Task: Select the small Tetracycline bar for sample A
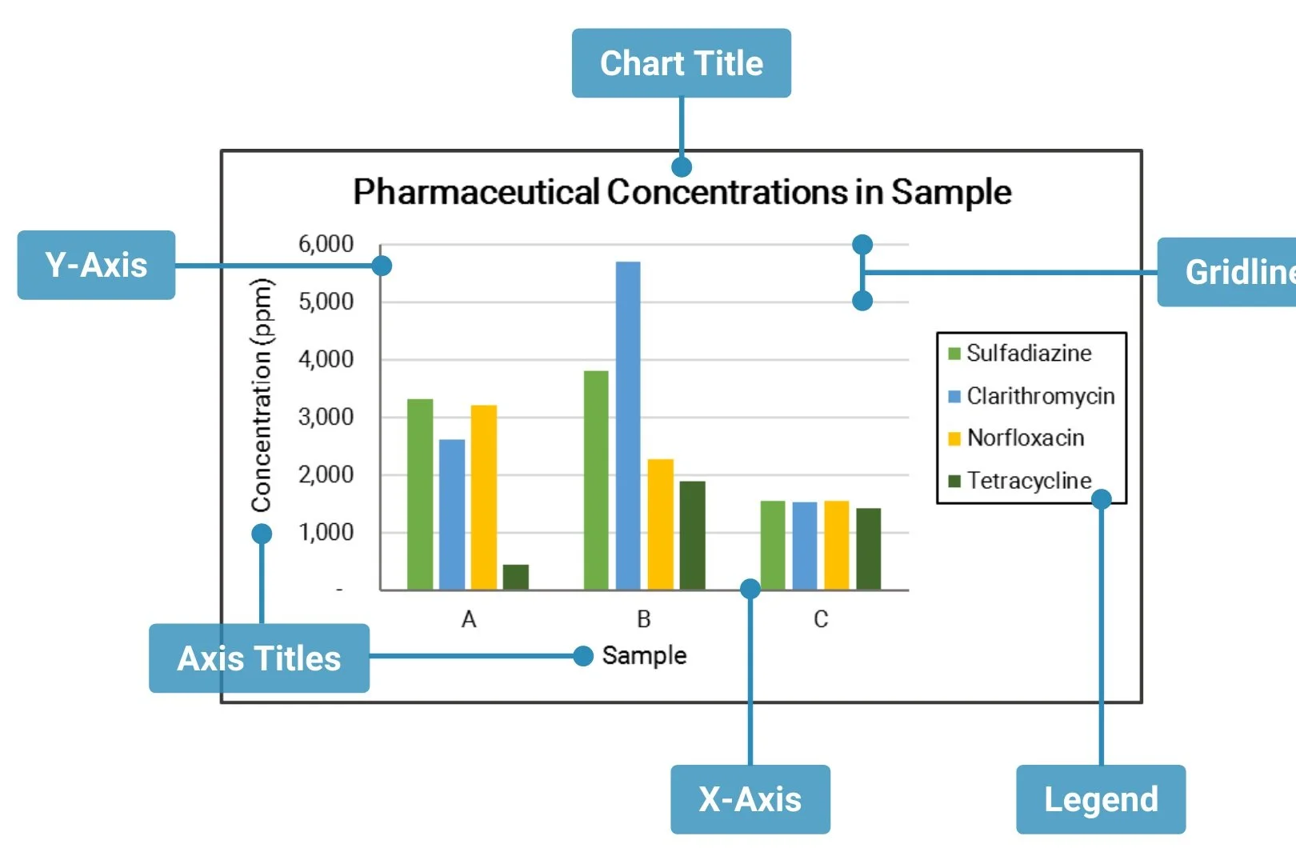pyautogui.click(x=516, y=577)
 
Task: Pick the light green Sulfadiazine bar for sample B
pyautogui.click(x=596, y=480)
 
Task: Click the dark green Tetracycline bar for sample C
pyautogui.click(x=869, y=549)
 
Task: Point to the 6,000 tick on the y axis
pyautogui.click(x=326, y=244)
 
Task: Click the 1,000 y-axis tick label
pyautogui.click(x=326, y=532)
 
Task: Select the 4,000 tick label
pyautogui.click(x=326, y=359)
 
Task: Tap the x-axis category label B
pyautogui.click(x=644, y=619)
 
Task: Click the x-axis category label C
pyautogui.click(x=821, y=619)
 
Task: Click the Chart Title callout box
pyautogui.click(x=682, y=63)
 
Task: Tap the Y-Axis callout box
pyautogui.click(x=96, y=265)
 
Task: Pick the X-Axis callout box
pyautogui.click(x=750, y=799)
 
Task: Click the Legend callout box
pyautogui.click(x=1101, y=799)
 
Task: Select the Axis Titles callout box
pyautogui.click(x=259, y=658)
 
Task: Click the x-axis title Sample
pyautogui.click(x=644, y=656)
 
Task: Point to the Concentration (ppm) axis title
pyautogui.click(x=262, y=394)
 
